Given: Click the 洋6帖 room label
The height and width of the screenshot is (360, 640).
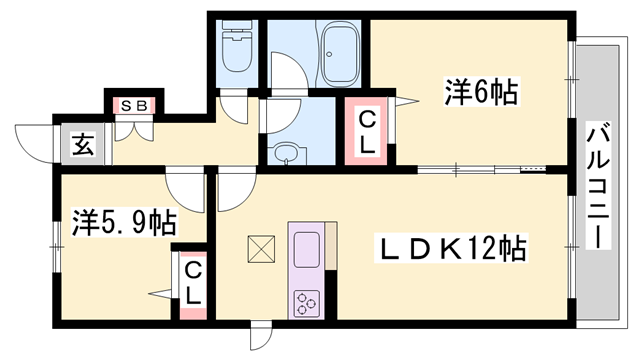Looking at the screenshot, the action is [x=481, y=91].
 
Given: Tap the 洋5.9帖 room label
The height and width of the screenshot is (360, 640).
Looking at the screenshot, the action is [x=124, y=222].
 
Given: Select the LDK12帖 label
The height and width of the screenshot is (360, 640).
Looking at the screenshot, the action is [x=451, y=247].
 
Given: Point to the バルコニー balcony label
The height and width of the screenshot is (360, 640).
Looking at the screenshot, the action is [x=598, y=185].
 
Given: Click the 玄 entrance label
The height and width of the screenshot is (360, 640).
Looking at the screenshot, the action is [x=83, y=144].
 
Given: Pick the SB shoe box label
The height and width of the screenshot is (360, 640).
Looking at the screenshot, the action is [x=134, y=106].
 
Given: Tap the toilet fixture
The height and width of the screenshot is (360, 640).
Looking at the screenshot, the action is [x=237, y=46].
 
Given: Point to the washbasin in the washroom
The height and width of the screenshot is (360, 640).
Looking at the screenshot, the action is [x=287, y=154].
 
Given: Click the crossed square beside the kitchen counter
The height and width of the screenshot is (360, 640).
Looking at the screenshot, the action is [x=261, y=249].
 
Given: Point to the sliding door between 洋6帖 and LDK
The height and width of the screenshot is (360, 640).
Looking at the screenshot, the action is [x=482, y=168].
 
